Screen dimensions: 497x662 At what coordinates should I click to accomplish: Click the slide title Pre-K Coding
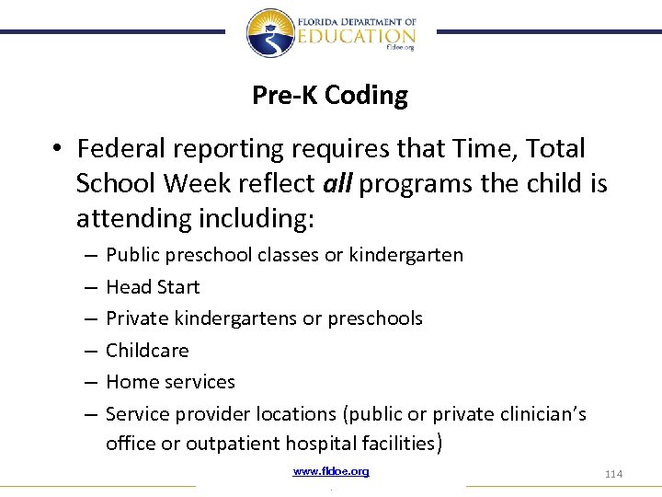330,96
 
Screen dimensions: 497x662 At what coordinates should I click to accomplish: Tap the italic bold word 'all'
339,183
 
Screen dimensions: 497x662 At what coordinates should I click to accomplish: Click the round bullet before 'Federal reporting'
57,150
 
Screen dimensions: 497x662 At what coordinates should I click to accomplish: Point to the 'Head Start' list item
153,287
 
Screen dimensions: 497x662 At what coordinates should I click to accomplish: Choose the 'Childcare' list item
147,351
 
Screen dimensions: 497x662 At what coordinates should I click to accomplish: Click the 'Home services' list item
170,382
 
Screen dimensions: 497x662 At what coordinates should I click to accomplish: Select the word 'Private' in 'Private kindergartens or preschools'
136,318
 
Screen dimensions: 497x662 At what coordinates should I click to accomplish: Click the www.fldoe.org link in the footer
331,471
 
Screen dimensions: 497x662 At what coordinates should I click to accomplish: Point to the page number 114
613,473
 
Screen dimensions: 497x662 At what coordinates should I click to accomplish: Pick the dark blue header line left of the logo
110,31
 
